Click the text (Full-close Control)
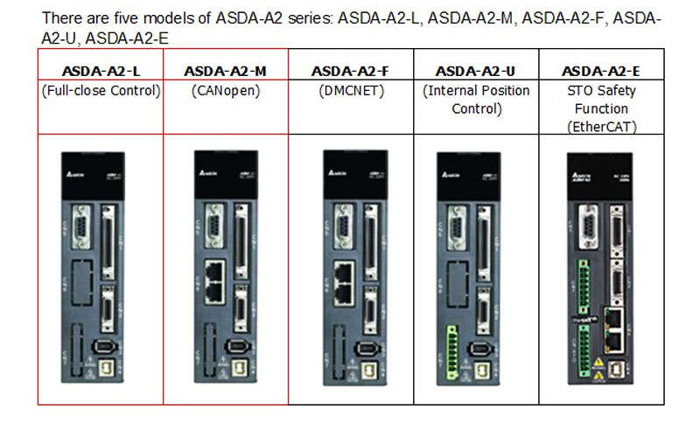tap(100, 91)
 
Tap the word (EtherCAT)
tap(599, 127)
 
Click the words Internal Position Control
tap(474, 100)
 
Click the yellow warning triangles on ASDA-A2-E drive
tap(598, 368)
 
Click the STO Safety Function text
tap(599, 100)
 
